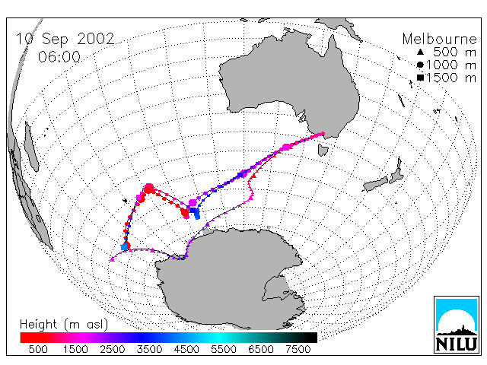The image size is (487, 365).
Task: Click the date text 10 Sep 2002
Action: tap(65, 39)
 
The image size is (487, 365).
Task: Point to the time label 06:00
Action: tap(59, 57)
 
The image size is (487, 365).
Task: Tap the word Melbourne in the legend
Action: tap(440, 40)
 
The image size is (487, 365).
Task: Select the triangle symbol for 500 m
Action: tap(420, 52)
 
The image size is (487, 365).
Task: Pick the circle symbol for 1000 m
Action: tap(420, 65)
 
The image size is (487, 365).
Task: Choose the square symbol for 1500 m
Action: tap(420, 78)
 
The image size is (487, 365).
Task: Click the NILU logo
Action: tap(457, 325)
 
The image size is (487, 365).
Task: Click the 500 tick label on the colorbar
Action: tap(38, 350)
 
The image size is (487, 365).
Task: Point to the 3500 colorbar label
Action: tap(149, 350)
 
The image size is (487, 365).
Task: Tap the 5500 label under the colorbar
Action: tap(224, 350)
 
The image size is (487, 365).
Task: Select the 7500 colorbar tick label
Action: tap(298, 350)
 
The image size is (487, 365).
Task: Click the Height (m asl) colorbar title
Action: tap(64, 325)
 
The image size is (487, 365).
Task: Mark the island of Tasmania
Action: tap(323, 150)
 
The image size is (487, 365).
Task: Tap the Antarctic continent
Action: tap(230, 276)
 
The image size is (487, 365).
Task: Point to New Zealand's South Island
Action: tap(376, 185)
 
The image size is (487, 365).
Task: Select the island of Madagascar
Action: tap(31, 147)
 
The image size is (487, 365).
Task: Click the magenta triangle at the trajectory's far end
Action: tap(113, 259)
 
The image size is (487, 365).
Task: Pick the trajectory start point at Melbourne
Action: tap(323, 134)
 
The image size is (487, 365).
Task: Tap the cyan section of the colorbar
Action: tap(218, 338)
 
